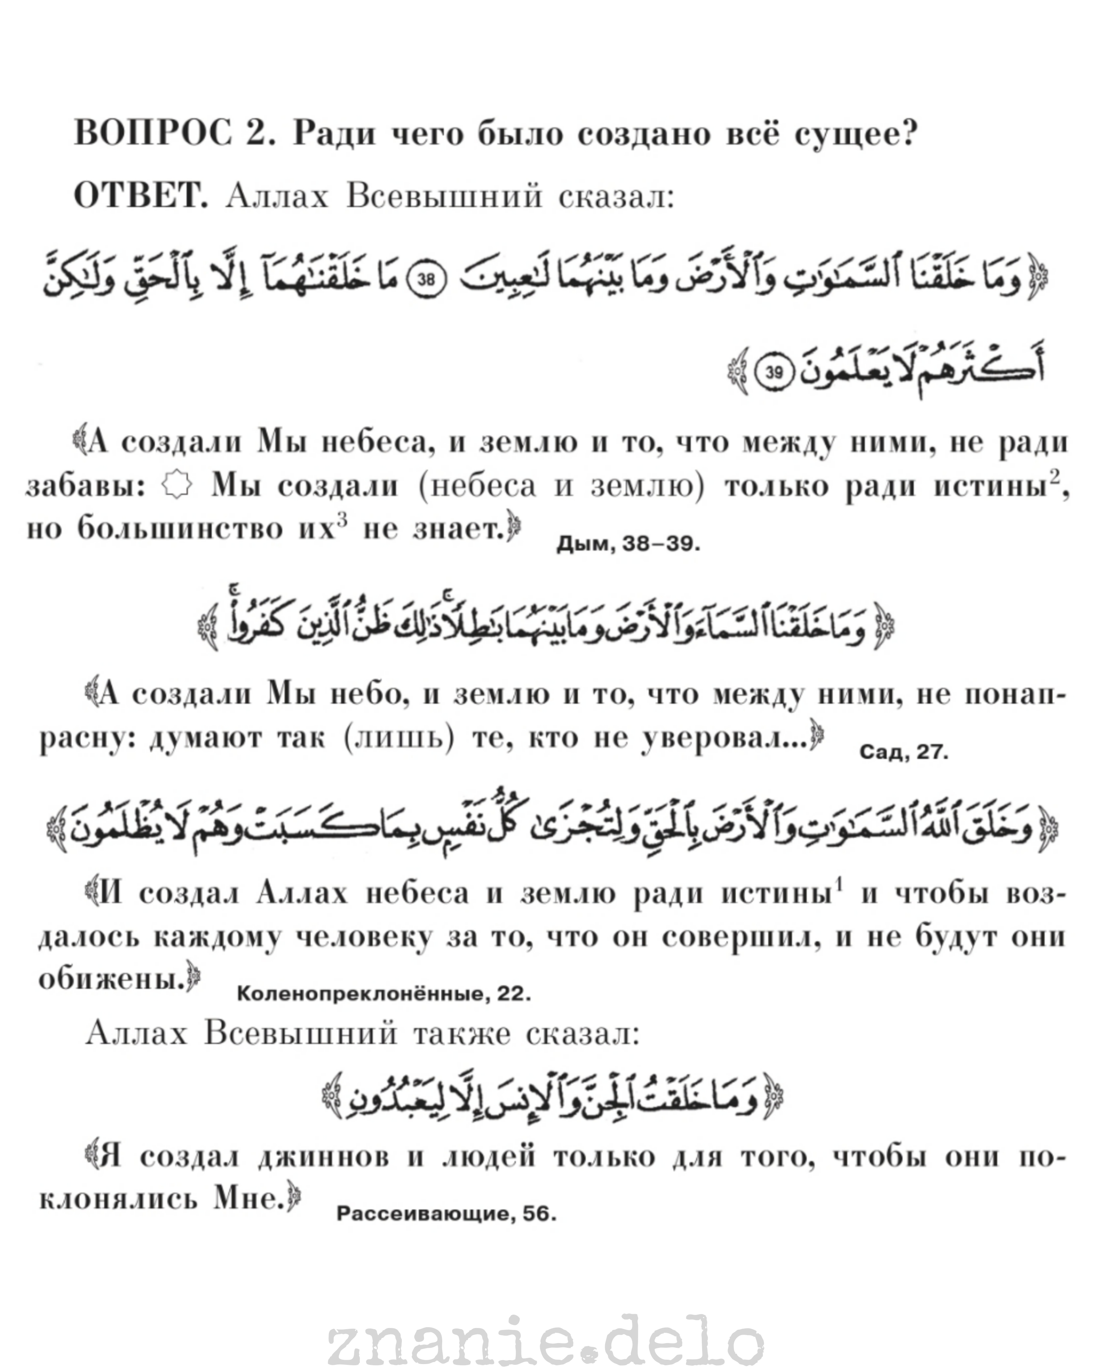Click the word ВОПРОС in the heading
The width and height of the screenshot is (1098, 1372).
[x=153, y=134]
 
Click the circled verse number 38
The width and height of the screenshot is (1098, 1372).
[x=425, y=279]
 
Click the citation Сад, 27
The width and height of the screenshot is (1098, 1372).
[x=903, y=752]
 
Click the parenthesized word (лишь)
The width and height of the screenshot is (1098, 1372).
[x=399, y=739]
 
